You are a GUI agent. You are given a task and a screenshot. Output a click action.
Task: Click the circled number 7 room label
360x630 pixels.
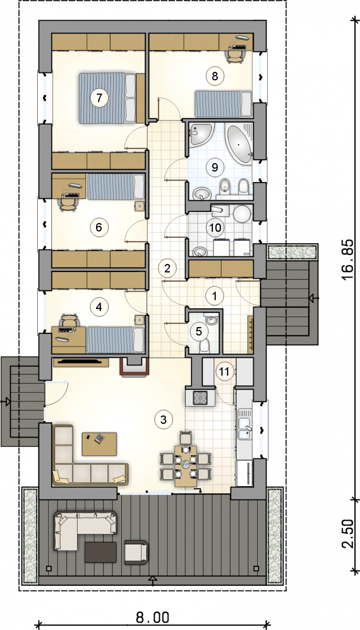click(99, 98)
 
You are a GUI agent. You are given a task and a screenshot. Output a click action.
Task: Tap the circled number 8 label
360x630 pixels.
click(215, 76)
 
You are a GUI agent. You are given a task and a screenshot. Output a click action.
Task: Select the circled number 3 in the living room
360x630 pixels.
click(163, 419)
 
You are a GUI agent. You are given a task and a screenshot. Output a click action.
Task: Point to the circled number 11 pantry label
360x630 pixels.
click(224, 372)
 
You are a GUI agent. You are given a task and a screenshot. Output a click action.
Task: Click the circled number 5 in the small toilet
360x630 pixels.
click(198, 331)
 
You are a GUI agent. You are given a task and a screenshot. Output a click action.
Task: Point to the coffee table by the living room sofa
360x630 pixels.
click(99, 444)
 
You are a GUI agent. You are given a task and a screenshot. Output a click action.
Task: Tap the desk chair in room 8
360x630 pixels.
click(235, 57)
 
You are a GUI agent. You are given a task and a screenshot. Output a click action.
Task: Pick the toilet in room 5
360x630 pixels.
click(204, 345)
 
